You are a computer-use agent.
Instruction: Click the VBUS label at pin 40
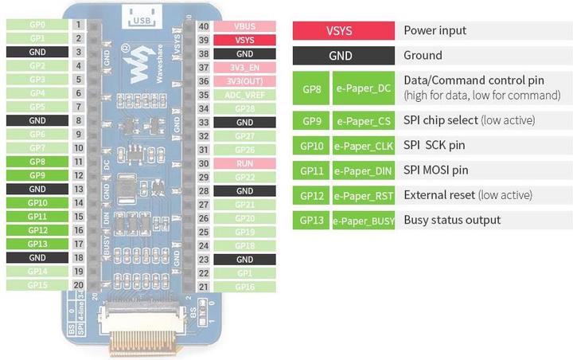pyautogui.click(x=245, y=25)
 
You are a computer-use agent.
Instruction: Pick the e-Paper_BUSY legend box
pyautogui.click(x=363, y=221)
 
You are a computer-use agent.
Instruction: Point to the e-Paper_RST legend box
pyautogui.click(x=363, y=195)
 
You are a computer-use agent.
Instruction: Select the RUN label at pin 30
pyautogui.click(x=245, y=163)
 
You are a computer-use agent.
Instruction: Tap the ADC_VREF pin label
pyautogui.click(x=245, y=95)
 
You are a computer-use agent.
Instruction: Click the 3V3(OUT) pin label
pyautogui.click(x=245, y=81)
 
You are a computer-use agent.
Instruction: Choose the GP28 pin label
pyautogui.click(x=245, y=108)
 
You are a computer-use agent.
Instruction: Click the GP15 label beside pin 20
pyautogui.click(x=37, y=284)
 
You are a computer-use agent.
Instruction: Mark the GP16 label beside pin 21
pyautogui.click(x=245, y=287)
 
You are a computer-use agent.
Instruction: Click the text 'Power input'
pyautogui.click(x=435, y=31)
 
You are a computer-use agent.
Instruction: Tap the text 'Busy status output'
pyautogui.click(x=452, y=221)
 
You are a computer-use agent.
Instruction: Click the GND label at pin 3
pyautogui.click(x=37, y=52)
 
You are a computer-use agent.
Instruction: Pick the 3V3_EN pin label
pyautogui.click(x=245, y=68)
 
